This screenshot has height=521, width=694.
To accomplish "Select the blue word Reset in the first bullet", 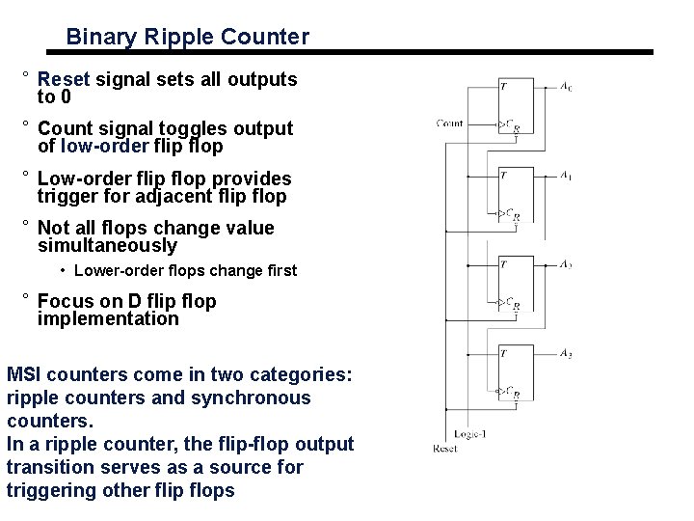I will [x=64, y=79].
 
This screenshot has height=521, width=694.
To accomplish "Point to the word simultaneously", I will [x=107, y=246].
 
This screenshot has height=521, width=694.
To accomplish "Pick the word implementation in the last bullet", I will [x=108, y=319].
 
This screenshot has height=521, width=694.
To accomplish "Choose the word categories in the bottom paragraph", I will [x=306, y=374].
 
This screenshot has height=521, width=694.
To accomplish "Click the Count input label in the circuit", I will [x=449, y=123].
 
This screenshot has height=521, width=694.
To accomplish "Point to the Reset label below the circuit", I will [x=444, y=448].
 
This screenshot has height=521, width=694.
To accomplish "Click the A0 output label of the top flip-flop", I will [x=566, y=87].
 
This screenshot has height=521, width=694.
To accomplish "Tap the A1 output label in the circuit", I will [x=566, y=177].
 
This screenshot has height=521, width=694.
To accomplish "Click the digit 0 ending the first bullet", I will [x=65, y=97].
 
